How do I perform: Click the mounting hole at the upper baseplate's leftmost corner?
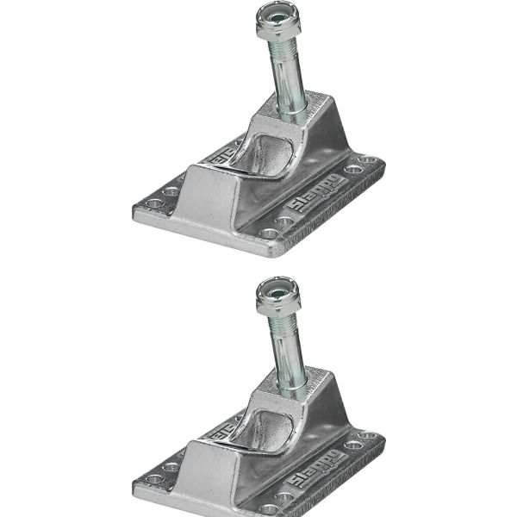[x=154, y=203]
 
